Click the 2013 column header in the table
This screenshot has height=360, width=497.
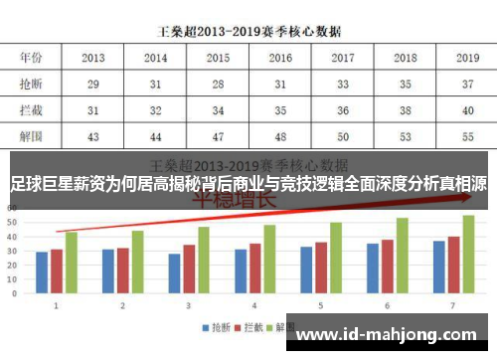click(94, 58)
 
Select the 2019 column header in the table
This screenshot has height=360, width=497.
click(466, 58)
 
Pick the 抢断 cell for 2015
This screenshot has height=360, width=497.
click(219, 85)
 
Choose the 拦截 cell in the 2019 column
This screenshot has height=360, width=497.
click(466, 109)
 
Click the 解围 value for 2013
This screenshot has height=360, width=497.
click(94, 134)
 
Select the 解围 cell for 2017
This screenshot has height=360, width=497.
click(343, 134)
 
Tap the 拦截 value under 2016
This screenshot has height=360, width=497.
click(280, 109)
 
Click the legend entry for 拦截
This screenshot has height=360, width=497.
click(253, 326)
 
